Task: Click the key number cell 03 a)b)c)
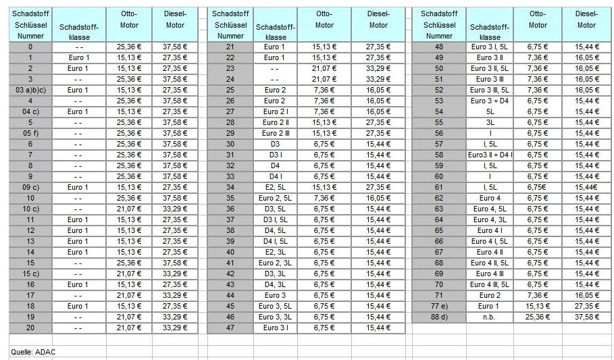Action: click(30, 90)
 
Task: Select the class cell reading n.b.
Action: click(490, 317)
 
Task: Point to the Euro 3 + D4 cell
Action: click(490, 101)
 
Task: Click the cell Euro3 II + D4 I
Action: click(490, 155)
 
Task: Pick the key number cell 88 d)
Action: click(440, 317)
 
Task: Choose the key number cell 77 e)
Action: click(440, 306)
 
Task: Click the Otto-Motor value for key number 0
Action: click(129, 47)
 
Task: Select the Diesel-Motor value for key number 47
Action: click(378, 328)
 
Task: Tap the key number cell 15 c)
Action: click(30, 274)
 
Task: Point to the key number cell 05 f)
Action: click(30, 133)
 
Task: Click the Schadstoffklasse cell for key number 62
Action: click(490, 198)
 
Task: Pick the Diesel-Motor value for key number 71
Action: click(586, 295)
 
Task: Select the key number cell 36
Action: click(230, 209)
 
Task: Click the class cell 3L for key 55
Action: click(490, 122)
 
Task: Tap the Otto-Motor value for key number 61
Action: click(538, 187)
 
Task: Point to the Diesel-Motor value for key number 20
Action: click(175, 328)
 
